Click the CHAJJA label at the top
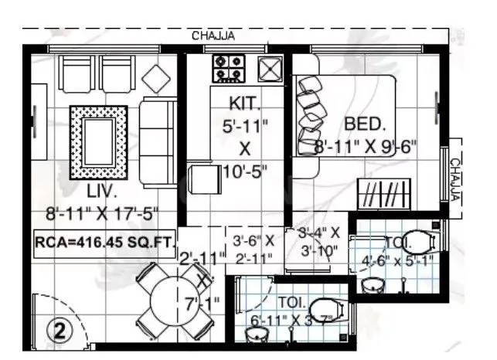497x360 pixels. tap(213, 35)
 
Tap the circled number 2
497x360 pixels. tap(60, 330)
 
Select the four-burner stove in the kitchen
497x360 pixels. tap(229, 68)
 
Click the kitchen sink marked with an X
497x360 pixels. tap(270, 70)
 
